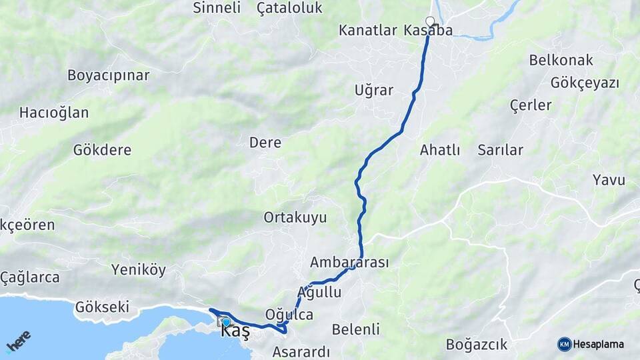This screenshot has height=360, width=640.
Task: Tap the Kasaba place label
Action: (x=428, y=31)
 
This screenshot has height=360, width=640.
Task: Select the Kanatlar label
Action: (x=368, y=31)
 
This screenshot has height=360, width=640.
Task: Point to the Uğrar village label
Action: (x=374, y=91)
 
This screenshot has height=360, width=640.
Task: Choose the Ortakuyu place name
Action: (x=295, y=217)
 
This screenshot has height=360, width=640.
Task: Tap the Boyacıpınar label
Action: (x=108, y=75)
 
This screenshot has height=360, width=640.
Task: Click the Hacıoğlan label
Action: (x=54, y=113)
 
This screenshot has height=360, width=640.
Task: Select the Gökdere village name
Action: (x=102, y=150)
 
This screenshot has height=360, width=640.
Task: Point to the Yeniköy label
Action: (x=139, y=270)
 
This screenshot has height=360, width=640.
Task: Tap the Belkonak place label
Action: (x=561, y=60)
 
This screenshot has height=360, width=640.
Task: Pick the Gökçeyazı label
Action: (x=585, y=83)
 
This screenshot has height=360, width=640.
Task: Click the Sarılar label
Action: (x=500, y=150)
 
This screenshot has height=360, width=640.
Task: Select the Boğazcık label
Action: (x=477, y=345)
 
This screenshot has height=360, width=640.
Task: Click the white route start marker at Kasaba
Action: (x=430, y=21)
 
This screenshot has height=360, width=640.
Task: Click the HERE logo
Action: (x=18, y=340)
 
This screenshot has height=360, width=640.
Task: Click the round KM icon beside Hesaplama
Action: (x=565, y=344)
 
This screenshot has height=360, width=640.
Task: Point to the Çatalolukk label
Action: (x=289, y=8)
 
